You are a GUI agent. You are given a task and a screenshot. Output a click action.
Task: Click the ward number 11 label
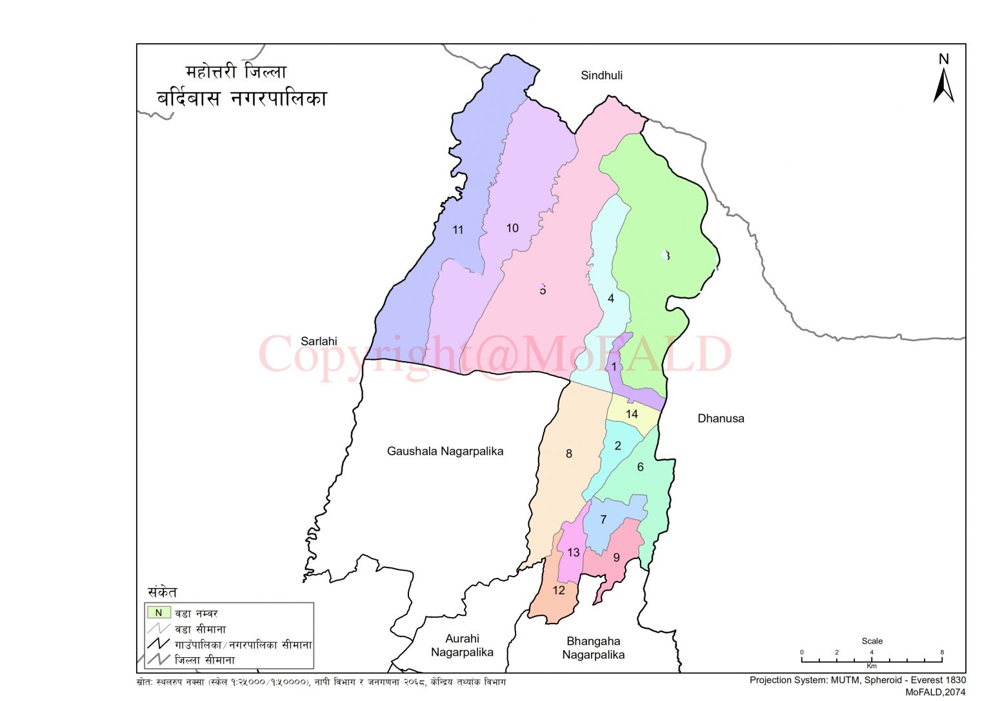[457, 230]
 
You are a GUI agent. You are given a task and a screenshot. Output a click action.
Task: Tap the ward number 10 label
[512, 228]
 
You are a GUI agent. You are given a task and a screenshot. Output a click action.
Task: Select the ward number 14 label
[632, 414]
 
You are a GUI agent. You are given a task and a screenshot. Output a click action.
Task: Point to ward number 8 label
[568, 454]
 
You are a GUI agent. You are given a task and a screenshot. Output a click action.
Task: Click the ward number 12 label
[559, 590]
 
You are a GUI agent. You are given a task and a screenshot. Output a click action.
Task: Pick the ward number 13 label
[573, 553]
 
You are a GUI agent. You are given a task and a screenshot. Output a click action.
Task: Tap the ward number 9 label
[616, 557]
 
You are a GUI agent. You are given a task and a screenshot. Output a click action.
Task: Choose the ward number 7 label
[603, 520]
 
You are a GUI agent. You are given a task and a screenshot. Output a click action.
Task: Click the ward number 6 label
[640, 467]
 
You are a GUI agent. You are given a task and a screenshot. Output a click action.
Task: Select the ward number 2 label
[617, 446]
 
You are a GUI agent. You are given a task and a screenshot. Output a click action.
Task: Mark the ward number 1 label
[614, 367]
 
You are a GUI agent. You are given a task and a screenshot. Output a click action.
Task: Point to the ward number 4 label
[610, 299]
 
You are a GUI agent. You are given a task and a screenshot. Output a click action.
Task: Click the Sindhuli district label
[601, 75]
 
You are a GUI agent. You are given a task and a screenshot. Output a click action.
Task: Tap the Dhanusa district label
[721, 419]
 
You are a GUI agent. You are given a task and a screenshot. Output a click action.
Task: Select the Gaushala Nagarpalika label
[445, 451]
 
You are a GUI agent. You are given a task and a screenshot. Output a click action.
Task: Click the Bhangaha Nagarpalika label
[593, 648]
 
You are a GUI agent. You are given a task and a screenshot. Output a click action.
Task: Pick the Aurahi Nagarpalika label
[462, 645]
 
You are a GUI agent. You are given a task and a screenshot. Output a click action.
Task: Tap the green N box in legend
[159, 613]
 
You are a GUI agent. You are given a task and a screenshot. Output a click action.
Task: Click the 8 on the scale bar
[941, 652]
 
